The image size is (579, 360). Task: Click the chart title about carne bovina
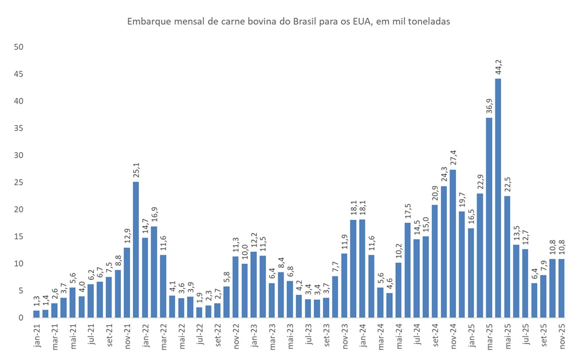[x=289, y=21]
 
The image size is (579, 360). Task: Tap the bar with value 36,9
[x=489, y=217]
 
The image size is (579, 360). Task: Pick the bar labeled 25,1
[x=136, y=250]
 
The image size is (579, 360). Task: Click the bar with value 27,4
[x=452, y=243]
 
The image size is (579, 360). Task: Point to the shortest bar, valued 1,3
[x=36, y=314]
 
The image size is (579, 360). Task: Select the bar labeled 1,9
[x=199, y=312]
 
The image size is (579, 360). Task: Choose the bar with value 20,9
[x=434, y=261]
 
